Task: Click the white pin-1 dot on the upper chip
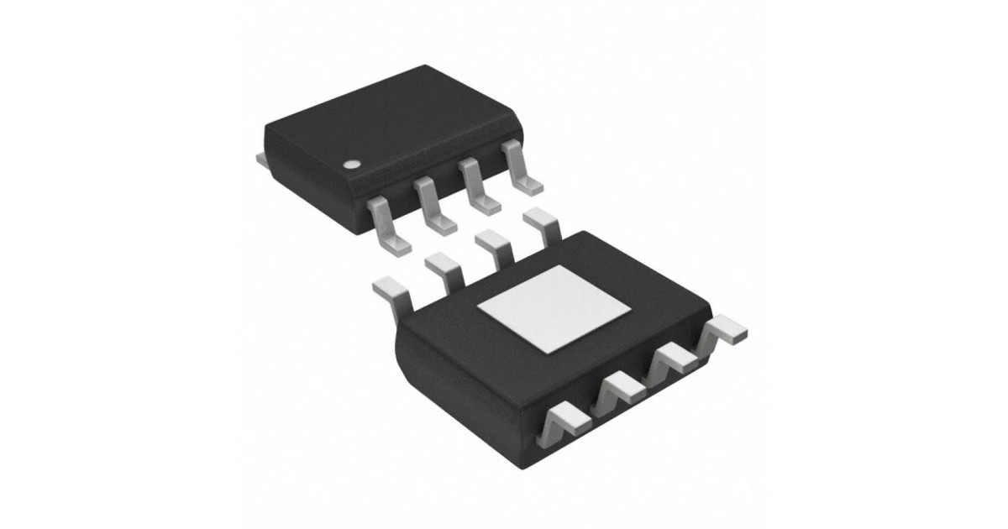[x=354, y=162]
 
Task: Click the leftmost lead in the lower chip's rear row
[x=391, y=290]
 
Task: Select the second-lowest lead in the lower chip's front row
[x=620, y=389]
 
